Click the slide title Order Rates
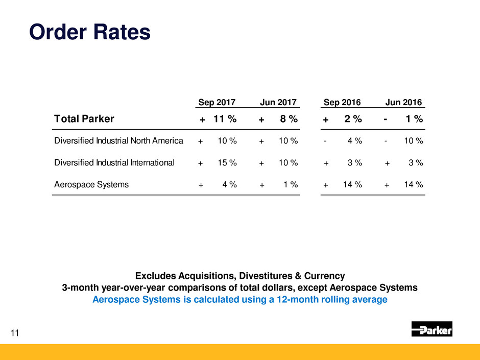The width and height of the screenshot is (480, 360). tap(90, 32)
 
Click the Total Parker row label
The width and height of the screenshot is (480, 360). tap(84, 119)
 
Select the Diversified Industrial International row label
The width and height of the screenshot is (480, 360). tap(114, 163)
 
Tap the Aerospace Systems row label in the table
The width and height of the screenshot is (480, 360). tap(91, 185)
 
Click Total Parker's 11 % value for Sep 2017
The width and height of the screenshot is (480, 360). tap(225, 119)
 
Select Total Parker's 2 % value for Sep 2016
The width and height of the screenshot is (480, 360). tap(352, 119)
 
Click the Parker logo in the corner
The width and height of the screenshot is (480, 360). tap(431, 329)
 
